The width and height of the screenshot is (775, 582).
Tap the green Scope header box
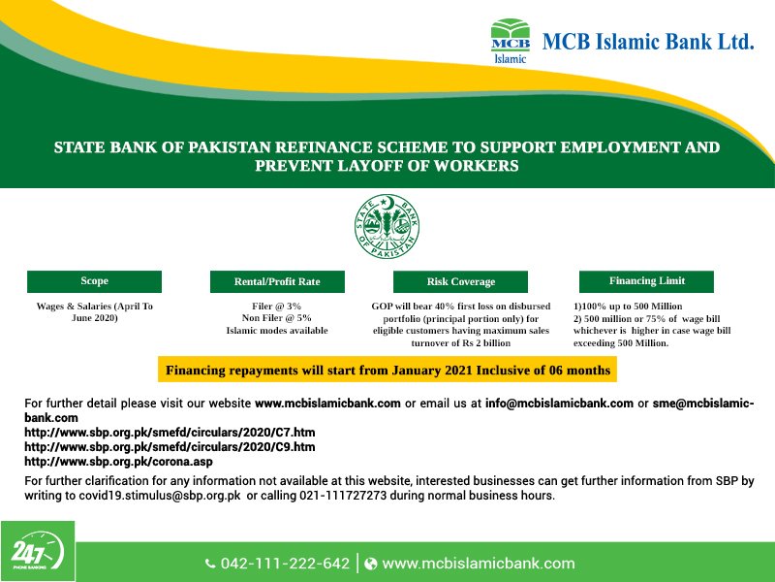tap(94, 281)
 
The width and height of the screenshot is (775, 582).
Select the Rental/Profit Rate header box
tap(277, 282)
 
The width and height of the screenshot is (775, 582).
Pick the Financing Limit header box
tap(646, 281)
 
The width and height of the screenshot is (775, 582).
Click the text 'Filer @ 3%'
tap(277, 307)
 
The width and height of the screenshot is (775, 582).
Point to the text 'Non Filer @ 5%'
tap(277, 318)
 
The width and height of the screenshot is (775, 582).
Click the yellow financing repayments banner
tap(387, 370)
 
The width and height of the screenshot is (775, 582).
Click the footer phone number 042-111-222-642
tap(285, 564)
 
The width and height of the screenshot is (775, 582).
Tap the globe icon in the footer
tap(370, 564)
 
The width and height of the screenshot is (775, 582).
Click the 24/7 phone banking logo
tap(37, 553)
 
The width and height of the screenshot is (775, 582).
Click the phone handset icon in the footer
tap(210, 564)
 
